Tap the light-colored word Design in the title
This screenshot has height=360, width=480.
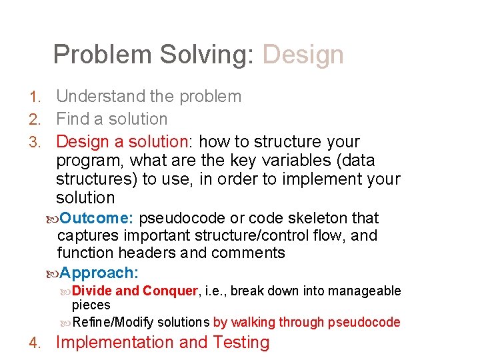point(303,55)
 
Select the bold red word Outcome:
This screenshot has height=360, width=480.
point(98,218)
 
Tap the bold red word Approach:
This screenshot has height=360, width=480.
point(99,273)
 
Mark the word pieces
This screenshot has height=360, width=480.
point(91,305)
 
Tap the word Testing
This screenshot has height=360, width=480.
point(241,343)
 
